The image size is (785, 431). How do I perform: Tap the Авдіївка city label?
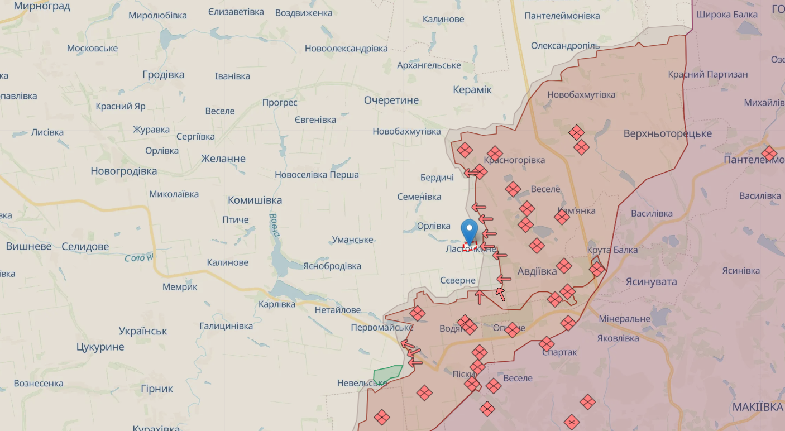point(537,271)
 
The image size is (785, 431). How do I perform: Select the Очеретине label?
point(391,100)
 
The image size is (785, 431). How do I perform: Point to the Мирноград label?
point(42,6)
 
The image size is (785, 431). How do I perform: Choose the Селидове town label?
point(85,246)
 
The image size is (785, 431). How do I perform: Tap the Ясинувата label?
point(651,281)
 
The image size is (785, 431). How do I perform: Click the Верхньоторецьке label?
point(667,133)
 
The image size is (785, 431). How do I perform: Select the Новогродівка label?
point(124,171)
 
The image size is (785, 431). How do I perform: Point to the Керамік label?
point(472,89)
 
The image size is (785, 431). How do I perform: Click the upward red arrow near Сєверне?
point(479,297)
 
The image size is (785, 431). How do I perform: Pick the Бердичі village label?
point(437,178)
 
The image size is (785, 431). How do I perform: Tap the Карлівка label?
point(277,304)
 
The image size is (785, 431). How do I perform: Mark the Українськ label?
point(143,331)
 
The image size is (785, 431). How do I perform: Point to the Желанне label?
point(223,159)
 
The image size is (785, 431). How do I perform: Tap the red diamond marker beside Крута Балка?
point(597,270)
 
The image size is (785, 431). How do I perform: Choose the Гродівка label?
point(164,75)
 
